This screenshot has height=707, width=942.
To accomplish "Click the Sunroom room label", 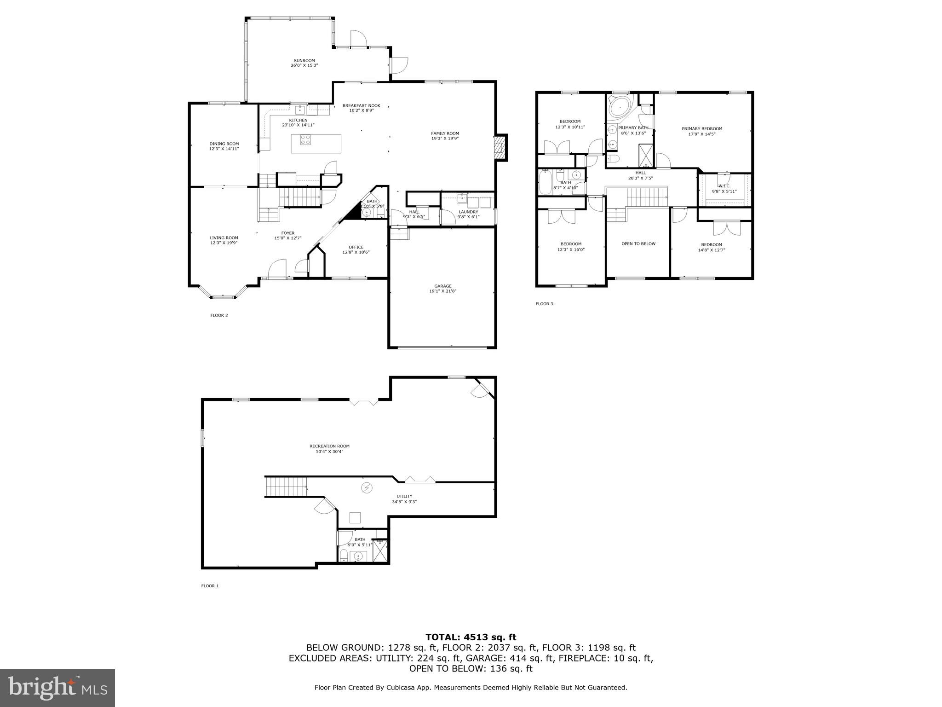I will click(304, 61).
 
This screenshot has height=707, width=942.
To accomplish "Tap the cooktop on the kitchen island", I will click(305, 139).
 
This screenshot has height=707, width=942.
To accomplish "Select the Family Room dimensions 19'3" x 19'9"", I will click(445, 139).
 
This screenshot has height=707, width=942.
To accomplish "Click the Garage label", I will click(443, 286).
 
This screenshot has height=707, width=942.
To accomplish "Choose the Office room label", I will click(356, 247).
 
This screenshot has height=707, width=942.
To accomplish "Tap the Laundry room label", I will click(468, 212).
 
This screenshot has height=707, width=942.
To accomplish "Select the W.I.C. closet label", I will click(724, 186).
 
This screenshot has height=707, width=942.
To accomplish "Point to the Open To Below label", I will click(638, 243).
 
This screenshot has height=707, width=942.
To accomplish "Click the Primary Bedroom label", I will click(701, 129).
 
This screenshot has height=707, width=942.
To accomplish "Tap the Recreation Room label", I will click(329, 446).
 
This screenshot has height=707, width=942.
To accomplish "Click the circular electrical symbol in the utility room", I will click(367, 487).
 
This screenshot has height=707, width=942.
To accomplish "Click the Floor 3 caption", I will click(544, 304).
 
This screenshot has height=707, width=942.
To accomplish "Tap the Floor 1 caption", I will click(210, 586).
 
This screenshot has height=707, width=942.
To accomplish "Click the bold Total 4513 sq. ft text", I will click(471, 637).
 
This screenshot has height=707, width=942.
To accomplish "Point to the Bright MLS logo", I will click(57, 688).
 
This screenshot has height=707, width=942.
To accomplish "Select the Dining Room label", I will click(224, 144).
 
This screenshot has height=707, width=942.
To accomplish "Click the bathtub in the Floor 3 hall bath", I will click(546, 184).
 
